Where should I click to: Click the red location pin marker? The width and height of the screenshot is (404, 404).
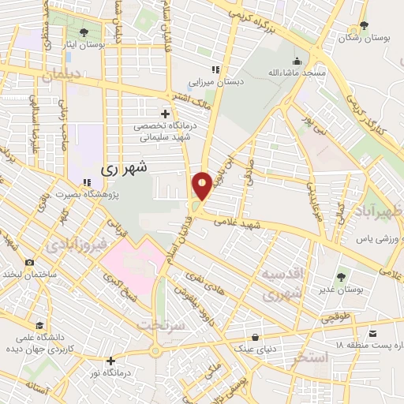click(x=202, y=185)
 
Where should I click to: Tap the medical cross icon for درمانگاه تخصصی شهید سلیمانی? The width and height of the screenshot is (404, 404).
click(x=165, y=114)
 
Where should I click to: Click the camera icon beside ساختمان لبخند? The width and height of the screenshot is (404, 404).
click(x=30, y=262)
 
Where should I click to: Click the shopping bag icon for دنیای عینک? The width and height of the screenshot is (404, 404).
click(x=254, y=336)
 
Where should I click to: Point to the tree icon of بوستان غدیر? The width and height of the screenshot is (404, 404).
click(x=341, y=277)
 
